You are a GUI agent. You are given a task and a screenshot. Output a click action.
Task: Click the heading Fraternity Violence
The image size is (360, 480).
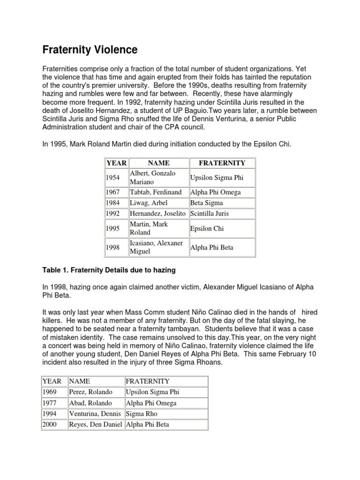pyautogui.click(x=90, y=50)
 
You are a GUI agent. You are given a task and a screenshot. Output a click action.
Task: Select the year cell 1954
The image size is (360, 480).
pyautogui.click(x=112, y=178)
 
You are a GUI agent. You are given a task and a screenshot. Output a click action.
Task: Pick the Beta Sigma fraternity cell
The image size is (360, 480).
pyautogui.click(x=207, y=203)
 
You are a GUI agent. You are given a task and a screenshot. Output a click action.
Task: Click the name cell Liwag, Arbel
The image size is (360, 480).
pyautogui.click(x=149, y=203)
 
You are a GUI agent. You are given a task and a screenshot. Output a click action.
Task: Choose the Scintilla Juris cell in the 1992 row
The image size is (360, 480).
pyautogui.click(x=210, y=214)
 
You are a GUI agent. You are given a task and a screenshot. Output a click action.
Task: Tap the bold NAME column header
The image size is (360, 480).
pyautogui.click(x=158, y=163)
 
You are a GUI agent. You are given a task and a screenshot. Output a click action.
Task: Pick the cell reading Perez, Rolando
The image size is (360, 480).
pyautogui.click(x=90, y=392)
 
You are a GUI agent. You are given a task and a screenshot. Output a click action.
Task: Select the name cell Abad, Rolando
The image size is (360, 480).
pyautogui.click(x=90, y=403)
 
